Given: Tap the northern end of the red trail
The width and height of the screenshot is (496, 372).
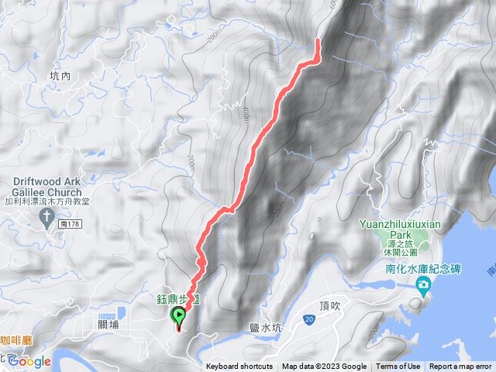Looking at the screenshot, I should [318, 40].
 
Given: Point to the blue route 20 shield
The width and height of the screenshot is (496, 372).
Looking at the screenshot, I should [309, 319].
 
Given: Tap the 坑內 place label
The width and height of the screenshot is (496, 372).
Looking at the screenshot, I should [60, 76].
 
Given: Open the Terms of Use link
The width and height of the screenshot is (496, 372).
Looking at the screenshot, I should [398, 367].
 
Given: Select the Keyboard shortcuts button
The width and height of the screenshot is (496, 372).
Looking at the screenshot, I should [239, 367].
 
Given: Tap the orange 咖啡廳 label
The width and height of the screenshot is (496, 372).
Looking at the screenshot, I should [15, 339].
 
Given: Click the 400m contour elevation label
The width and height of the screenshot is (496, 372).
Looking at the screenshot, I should [244, 114].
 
